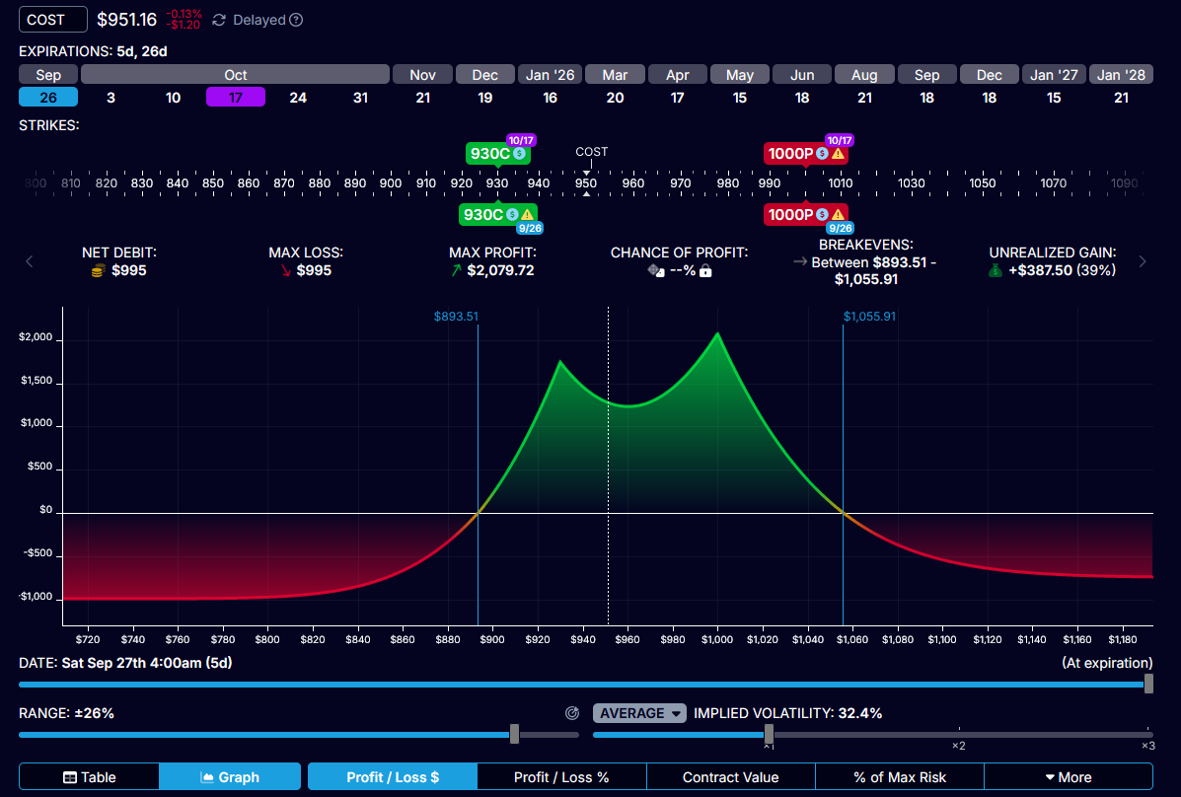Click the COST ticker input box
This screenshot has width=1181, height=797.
tap(52, 20)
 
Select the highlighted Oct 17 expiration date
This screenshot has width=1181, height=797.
tap(235, 97)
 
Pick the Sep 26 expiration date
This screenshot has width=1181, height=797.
tap(48, 97)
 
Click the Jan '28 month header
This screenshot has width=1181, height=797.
tap(1122, 75)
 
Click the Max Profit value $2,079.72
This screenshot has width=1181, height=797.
tap(500, 270)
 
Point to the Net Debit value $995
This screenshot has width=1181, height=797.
tap(128, 270)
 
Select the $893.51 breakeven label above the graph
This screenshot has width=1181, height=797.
tap(456, 317)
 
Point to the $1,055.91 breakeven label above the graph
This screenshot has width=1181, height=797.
tap(869, 317)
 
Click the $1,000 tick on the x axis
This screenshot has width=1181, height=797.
tap(717, 640)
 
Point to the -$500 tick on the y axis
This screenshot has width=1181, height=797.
tap(37, 554)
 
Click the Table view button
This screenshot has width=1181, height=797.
tap(89, 777)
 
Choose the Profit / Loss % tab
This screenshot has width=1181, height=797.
tap(561, 777)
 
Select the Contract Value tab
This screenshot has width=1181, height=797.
tap(730, 777)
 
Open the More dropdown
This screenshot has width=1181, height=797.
tap(1068, 777)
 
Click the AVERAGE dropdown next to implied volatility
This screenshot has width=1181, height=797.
tap(638, 713)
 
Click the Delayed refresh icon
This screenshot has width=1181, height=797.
tap(219, 20)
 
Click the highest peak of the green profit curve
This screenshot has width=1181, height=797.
tap(717, 333)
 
